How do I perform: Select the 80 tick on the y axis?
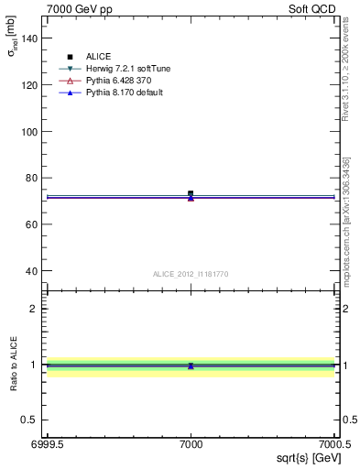(32, 178)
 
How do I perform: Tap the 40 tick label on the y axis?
(32, 270)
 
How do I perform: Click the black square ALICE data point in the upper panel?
(191, 193)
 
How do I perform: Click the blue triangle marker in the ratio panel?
(191, 365)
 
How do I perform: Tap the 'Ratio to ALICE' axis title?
(14, 364)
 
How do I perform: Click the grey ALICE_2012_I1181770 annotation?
(191, 274)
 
